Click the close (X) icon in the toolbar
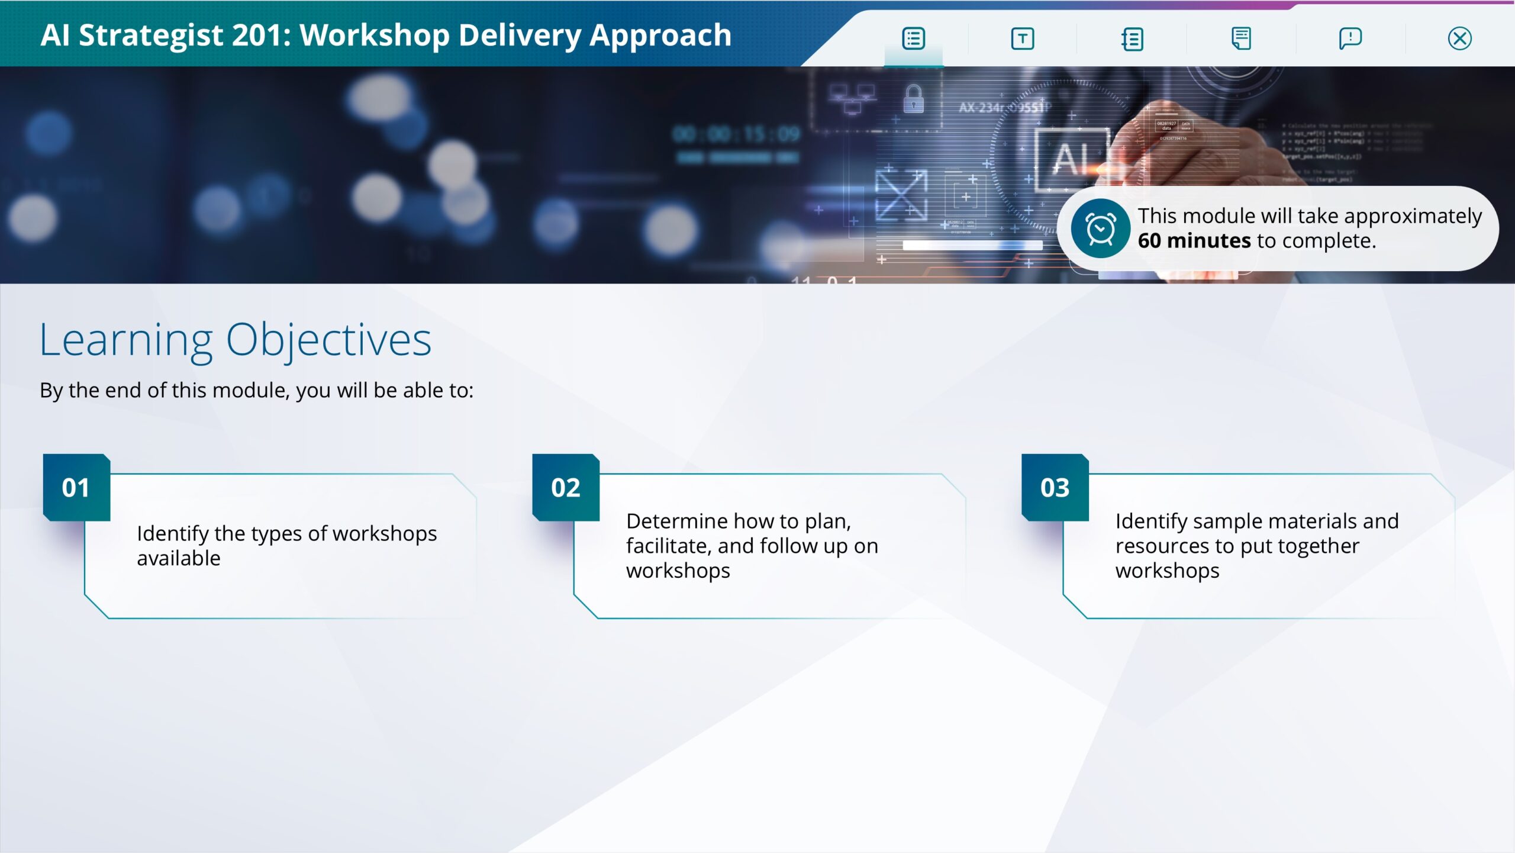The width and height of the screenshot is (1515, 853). (x=1459, y=38)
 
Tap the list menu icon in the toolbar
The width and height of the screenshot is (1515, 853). (x=913, y=38)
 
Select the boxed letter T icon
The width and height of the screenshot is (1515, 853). (x=1023, y=38)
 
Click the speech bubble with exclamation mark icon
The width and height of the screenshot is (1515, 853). (x=1350, y=38)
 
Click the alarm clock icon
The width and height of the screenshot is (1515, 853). (x=1100, y=228)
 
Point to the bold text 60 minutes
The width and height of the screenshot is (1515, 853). (x=1194, y=241)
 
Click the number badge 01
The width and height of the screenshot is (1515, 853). (x=76, y=488)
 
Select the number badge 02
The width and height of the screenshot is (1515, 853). (x=566, y=488)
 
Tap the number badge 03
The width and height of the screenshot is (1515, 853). (x=1055, y=488)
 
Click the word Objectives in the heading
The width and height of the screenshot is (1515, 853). (x=328, y=341)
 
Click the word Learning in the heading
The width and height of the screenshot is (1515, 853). (x=126, y=341)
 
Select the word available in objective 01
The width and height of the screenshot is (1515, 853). (x=179, y=558)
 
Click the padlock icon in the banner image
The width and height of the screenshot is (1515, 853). (x=913, y=98)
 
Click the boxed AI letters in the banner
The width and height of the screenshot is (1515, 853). (x=1072, y=159)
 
